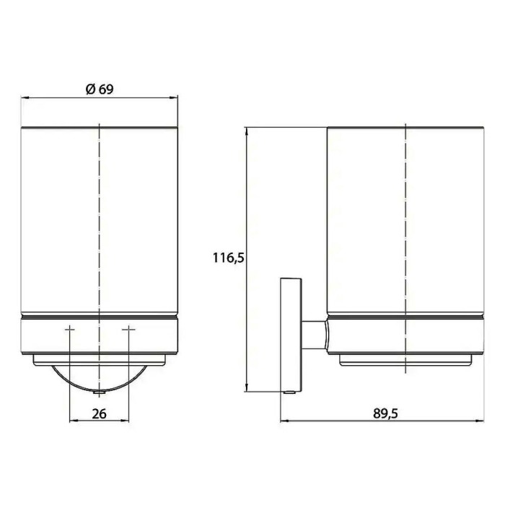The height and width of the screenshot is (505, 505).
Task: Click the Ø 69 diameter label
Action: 100,89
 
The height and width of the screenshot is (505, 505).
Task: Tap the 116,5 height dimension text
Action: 229,258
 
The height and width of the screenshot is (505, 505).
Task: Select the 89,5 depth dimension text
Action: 385,413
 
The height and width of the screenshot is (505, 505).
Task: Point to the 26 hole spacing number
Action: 99,413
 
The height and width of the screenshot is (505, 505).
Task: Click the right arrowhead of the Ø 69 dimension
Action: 174,97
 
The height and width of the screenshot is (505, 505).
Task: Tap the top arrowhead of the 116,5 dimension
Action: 247,132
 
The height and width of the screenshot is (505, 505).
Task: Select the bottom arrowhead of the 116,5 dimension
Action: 247,387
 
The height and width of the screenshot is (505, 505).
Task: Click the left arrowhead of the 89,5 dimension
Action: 285,421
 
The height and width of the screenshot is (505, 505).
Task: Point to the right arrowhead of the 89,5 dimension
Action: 480,421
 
